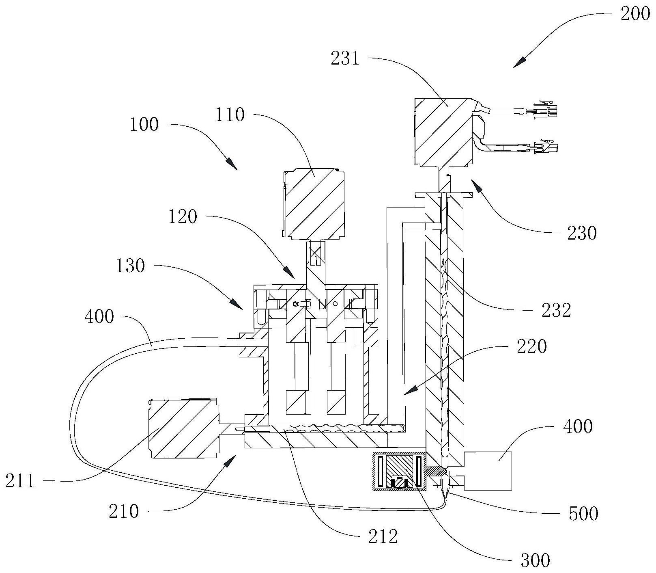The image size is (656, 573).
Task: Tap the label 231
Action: pos(345,59)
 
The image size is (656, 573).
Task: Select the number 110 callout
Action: pos(230,115)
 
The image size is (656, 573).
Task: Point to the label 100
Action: pos(144,124)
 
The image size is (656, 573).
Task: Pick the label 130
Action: pos(130,266)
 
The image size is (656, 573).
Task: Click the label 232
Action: pos(556,311)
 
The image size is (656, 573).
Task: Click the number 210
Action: pos(124,511)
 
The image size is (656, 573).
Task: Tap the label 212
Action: pos(383,537)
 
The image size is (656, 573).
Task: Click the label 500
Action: pos(583,513)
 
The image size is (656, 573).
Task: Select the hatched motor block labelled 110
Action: pos(314,203)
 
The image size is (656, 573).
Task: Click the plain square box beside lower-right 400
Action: pos(488,470)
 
